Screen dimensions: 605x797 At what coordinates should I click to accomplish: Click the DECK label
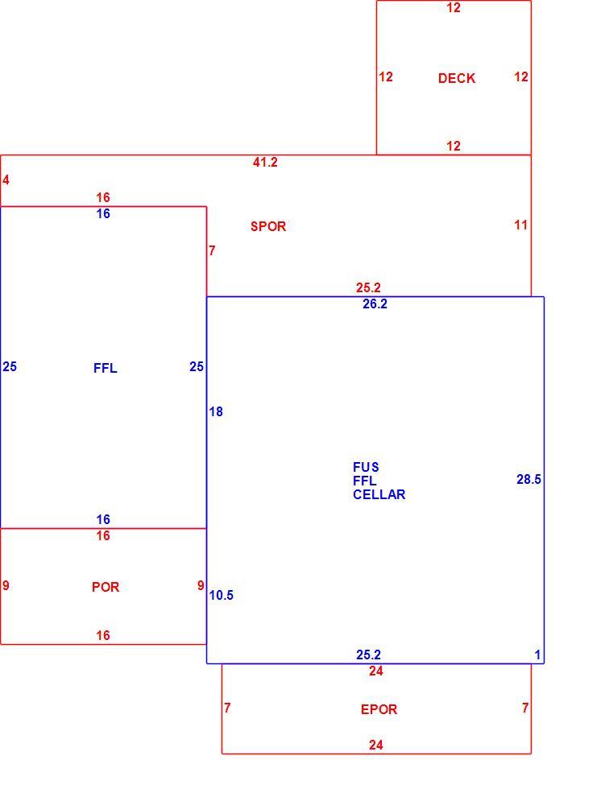click(x=457, y=78)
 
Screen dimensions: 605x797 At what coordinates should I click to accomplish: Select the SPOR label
click(x=268, y=226)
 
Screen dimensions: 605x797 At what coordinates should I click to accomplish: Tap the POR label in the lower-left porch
click(x=106, y=587)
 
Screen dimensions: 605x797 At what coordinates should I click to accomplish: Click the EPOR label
click(x=379, y=709)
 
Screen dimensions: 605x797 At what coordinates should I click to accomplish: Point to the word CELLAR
click(x=379, y=494)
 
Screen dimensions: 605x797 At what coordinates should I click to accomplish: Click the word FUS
click(x=366, y=467)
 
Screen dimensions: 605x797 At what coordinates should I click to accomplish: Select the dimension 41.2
click(x=265, y=162)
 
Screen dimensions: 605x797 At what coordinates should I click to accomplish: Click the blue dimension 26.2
click(x=375, y=304)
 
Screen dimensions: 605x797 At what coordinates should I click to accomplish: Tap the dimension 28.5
click(x=528, y=479)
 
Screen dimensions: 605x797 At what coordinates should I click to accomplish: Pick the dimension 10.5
click(x=221, y=595)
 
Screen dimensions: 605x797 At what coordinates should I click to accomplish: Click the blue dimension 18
click(x=216, y=411)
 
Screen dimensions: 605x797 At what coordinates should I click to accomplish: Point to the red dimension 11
click(x=521, y=225)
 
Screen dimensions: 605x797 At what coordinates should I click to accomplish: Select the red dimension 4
click(x=6, y=180)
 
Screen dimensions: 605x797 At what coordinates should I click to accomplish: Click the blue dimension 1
click(x=538, y=655)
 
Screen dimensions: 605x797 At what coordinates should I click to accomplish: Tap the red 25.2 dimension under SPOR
click(x=368, y=287)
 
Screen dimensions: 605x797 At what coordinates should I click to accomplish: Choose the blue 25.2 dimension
click(x=368, y=655)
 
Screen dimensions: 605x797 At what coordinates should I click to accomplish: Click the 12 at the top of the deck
click(x=454, y=7)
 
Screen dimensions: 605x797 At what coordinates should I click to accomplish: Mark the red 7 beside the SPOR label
click(x=212, y=250)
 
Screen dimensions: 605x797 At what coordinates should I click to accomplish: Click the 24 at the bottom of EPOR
click(x=376, y=745)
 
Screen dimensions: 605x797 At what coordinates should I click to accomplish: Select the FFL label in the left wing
click(x=106, y=368)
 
